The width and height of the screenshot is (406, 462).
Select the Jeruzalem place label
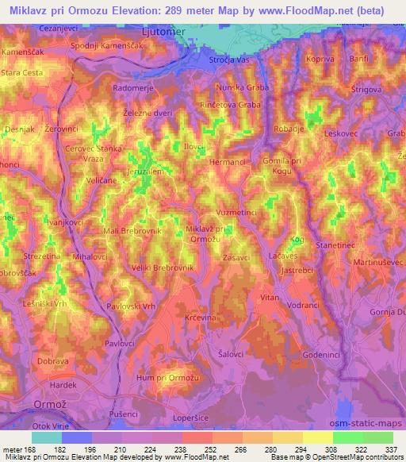coord(146,171)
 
